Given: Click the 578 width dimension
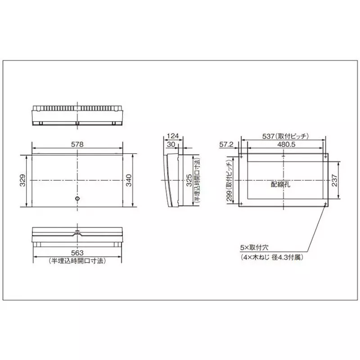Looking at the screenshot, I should [x=77, y=145].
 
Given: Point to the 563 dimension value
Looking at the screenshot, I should [x=77, y=253].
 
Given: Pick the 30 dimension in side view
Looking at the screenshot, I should [x=171, y=145].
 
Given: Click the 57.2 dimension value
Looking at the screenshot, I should [x=226, y=145].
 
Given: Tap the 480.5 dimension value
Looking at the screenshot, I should [x=283, y=145].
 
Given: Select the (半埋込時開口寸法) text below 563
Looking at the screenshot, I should [x=77, y=261].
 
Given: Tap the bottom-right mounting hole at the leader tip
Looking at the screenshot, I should [x=325, y=204].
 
